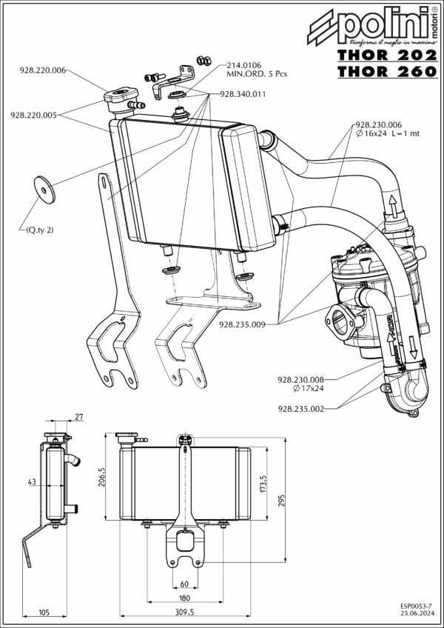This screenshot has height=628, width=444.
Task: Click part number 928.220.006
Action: coord(43,70)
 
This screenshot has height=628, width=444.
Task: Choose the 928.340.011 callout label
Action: coord(243,95)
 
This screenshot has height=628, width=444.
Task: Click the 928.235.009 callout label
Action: coord(243,324)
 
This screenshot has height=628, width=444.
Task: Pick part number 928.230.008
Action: coord(302,378)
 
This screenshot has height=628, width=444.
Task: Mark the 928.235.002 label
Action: coord(302,408)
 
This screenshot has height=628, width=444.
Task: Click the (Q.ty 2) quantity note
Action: coord(38,230)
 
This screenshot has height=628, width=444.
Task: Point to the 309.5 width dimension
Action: coord(184,612)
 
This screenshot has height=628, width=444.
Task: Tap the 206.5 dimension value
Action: coord(102,478)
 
